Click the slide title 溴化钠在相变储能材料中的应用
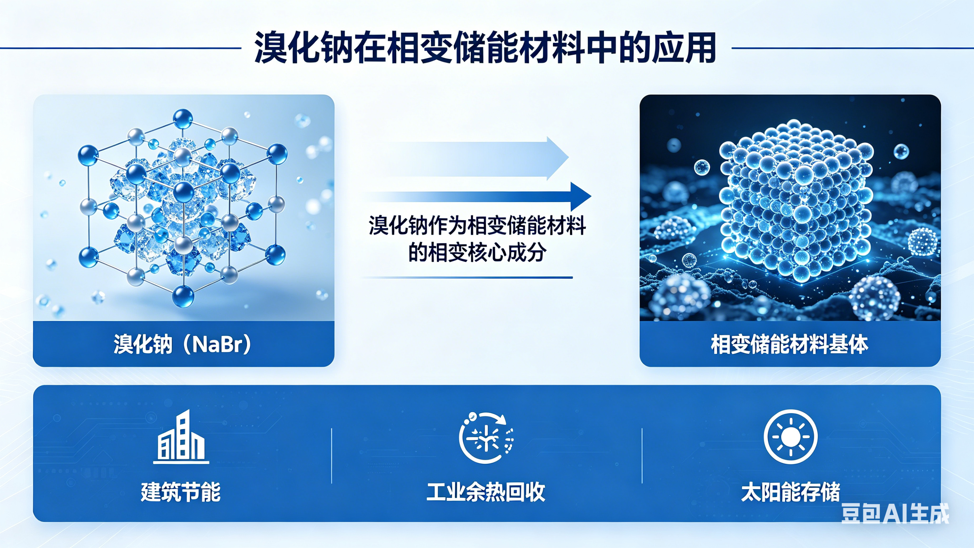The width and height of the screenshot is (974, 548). [x=486, y=48]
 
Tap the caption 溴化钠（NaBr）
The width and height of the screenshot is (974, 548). [x=183, y=344]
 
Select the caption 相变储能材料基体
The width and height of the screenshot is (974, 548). [x=790, y=344]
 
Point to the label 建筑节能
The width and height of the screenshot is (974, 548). [x=181, y=492]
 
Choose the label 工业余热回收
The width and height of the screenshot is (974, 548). [x=486, y=492]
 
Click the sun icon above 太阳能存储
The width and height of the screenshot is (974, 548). [x=791, y=437]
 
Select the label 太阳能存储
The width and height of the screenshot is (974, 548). [x=791, y=492]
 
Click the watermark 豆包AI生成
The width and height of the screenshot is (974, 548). [x=895, y=514]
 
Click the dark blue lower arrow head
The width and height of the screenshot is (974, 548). [x=580, y=196]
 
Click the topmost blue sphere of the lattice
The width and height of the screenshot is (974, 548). [x=183, y=119]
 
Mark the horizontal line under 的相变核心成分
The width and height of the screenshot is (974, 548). [x=467, y=277]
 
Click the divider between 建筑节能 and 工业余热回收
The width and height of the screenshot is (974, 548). [x=331, y=456]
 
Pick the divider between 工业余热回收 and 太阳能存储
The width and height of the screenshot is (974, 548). [x=643, y=456]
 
